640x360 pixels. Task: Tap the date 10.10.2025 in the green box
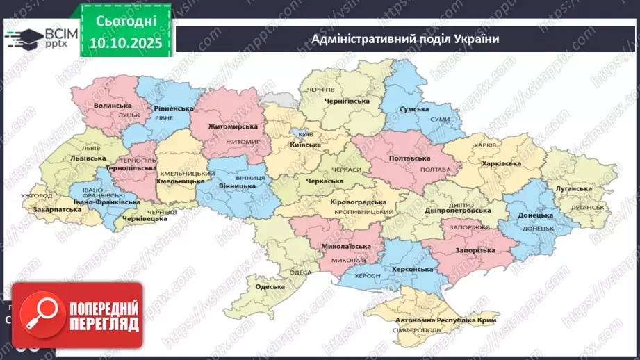click(125, 44)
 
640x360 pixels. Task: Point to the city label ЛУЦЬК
click(129, 115)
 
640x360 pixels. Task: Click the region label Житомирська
click(233, 126)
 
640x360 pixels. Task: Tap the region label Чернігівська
click(345, 101)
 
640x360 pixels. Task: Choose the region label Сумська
click(419, 110)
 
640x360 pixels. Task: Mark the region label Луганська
click(574, 188)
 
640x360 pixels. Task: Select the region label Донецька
click(536, 215)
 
